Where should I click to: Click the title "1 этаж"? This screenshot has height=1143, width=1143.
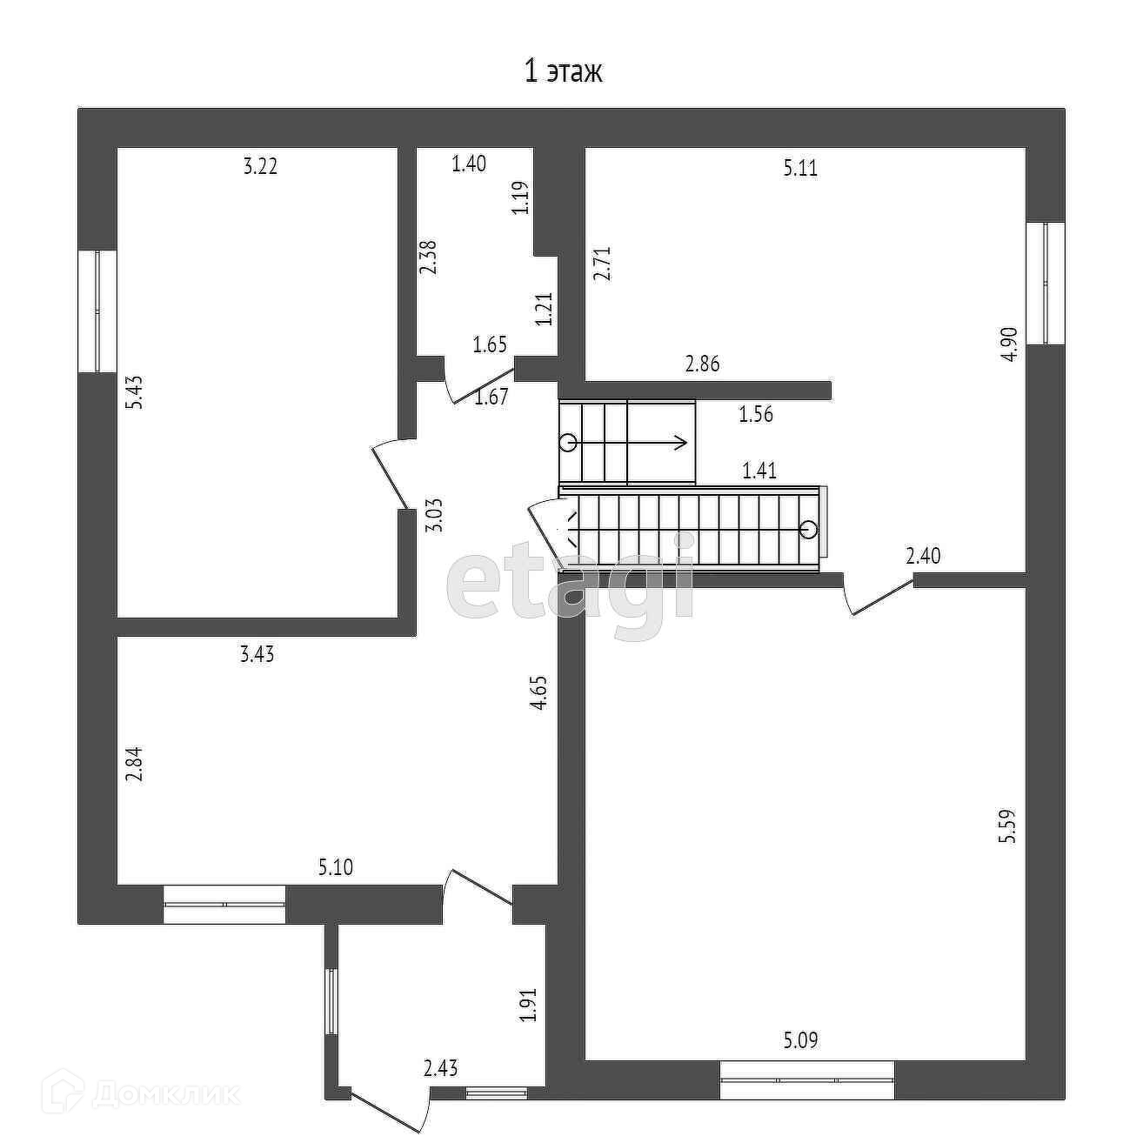[x=563, y=70]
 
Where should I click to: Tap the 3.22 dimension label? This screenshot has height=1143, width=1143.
[x=260, y=166]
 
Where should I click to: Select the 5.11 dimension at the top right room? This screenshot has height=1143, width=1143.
[x=800, y=168]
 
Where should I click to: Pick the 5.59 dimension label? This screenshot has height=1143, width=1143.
[x=1008, y=826]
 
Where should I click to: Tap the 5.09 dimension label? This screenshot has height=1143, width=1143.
[x=800, y=1039]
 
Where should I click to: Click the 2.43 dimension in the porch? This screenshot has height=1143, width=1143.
[x=441, y=1068]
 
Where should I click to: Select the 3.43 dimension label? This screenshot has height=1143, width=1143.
[x=257, y=655]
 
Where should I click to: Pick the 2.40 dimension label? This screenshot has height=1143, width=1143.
[x=923, y=556]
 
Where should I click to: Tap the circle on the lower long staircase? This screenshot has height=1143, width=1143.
[x=808, y=528]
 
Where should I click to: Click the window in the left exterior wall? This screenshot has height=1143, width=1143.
[x=97, y=311]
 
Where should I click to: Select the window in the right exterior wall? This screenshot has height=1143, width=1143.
[x=1046, y=283]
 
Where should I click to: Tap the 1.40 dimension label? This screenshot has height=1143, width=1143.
[x=469, y=164]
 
